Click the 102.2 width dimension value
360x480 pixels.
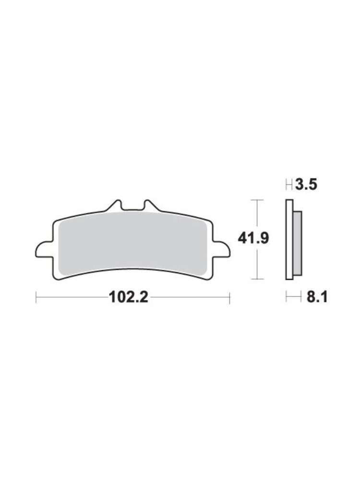click(129, 297)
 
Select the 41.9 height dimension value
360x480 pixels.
click(253, 239)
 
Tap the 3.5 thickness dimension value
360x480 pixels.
click(306, 185)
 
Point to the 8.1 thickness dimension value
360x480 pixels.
click(317, 297)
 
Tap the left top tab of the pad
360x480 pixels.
click(114, 206)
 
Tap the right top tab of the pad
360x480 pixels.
click(152, 206)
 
